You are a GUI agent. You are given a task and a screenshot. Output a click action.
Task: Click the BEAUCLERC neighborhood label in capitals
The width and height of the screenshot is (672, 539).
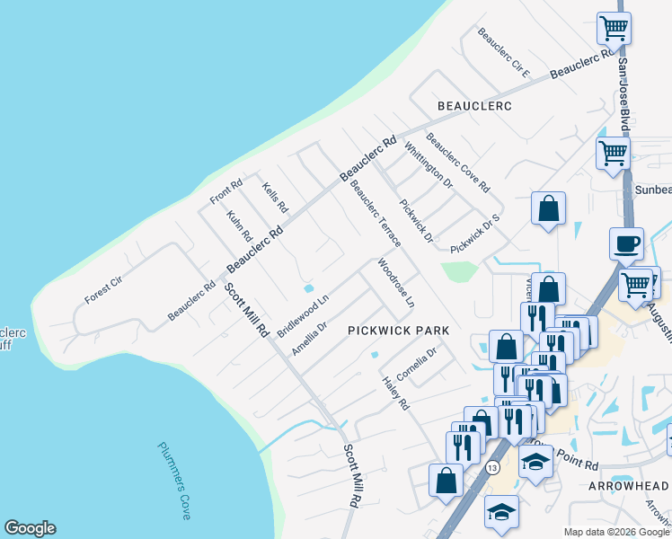pos(474,106)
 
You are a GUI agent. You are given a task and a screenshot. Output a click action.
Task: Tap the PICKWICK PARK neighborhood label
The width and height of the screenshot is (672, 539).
pos(398,331)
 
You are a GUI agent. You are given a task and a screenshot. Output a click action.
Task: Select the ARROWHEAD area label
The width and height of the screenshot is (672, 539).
pos(628,485)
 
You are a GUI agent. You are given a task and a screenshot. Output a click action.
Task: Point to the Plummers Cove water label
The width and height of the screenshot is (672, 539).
pos(174,480)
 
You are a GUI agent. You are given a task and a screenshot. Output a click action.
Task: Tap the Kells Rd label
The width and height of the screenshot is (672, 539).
pos(275,198)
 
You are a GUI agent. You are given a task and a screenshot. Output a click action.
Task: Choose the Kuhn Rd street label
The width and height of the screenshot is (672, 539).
pos(240,226)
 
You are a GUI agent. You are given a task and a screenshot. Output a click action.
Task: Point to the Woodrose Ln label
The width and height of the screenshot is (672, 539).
pos(396,285)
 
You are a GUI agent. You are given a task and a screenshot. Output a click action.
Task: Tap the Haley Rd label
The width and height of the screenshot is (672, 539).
pos(396,393)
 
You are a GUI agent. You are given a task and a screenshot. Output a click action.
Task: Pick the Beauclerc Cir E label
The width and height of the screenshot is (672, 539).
pos(504,53)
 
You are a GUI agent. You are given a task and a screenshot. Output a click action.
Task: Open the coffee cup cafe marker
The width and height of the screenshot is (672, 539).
pos(626,243)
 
